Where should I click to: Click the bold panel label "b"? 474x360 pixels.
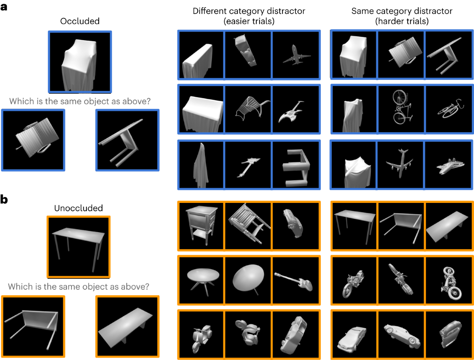[x=5, y=199]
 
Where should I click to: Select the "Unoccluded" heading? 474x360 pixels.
[x=78, y=208]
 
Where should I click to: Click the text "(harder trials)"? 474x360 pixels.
[x=401, y=21]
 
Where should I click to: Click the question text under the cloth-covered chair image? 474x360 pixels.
[x=79, y=101]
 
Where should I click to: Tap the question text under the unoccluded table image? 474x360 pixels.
[x=79, y=286]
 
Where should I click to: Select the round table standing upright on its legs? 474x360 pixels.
[x=201, y=278]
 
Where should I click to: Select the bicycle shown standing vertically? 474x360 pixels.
[x=401, y=107]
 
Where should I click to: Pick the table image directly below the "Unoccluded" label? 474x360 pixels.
[x=78, y=246]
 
